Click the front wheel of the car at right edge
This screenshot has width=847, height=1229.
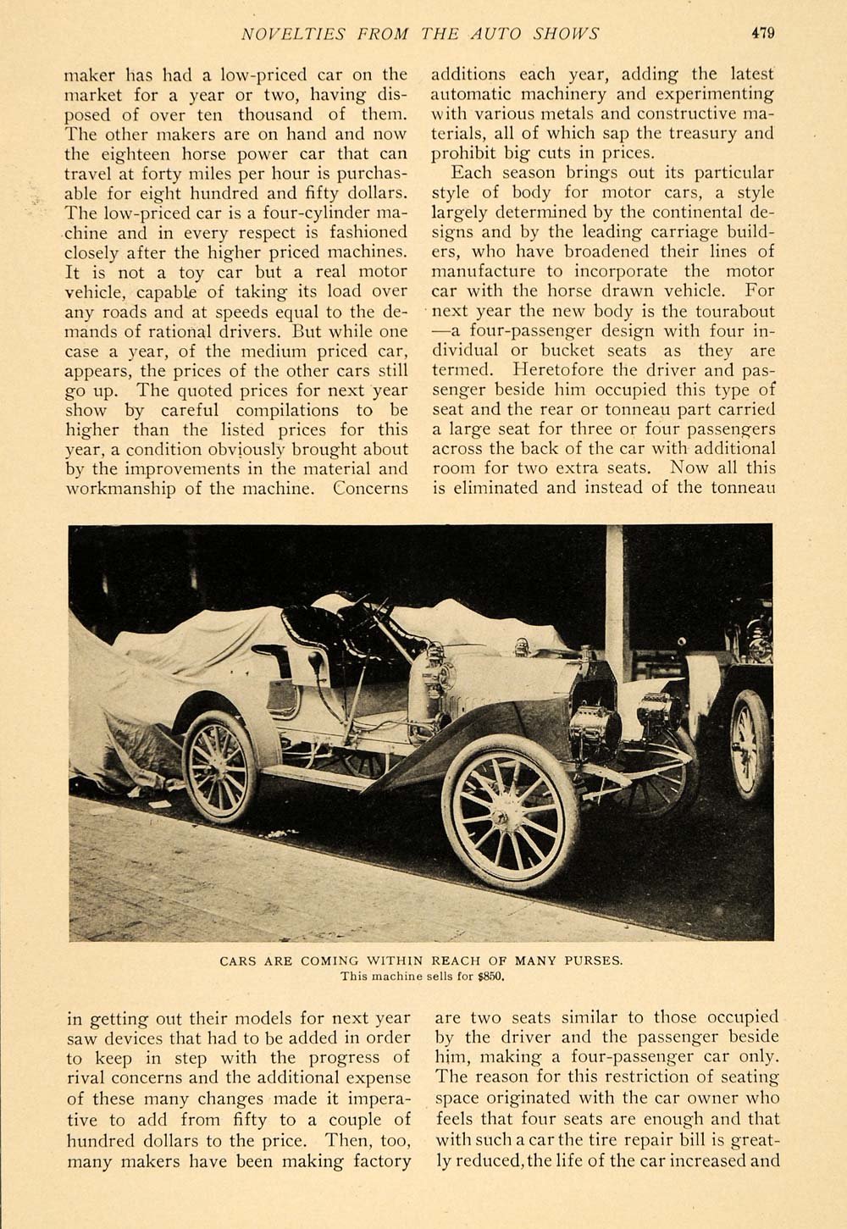tap(749, 745)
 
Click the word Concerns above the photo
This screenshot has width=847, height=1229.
tap(371, 488)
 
